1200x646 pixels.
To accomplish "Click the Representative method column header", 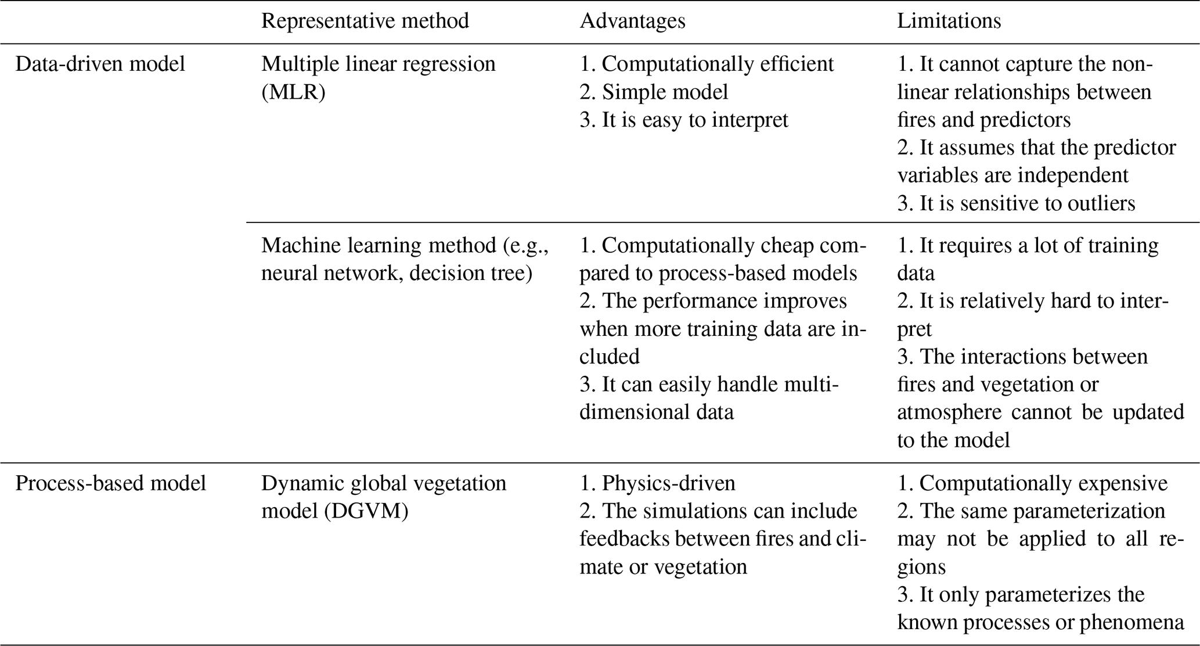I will (x=365, y=21).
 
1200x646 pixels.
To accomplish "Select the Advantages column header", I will (x=632, y=21).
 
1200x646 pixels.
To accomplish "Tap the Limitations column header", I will (x=949, y=21).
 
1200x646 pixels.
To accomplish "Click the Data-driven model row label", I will (x=100, y=64).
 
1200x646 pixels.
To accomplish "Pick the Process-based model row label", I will (x=110, y=483).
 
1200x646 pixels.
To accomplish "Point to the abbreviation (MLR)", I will (x=293, y=92).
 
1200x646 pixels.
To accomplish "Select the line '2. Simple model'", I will (x=654, y=92).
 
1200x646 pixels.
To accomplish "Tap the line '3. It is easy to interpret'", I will (x=684, y=120).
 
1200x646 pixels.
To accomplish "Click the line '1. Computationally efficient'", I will (x=707, y=64).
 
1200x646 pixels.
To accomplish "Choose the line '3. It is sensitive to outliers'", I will (x=1016, y=203).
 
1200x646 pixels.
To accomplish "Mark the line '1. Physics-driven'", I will (x=657, y=483).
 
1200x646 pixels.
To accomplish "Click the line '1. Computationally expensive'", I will (x=1032, y=483).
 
